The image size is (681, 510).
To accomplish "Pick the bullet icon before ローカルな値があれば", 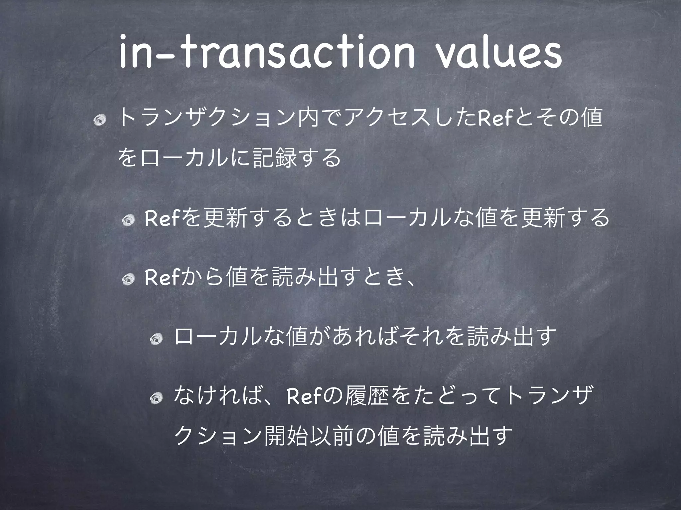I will [x=156, y=339].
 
